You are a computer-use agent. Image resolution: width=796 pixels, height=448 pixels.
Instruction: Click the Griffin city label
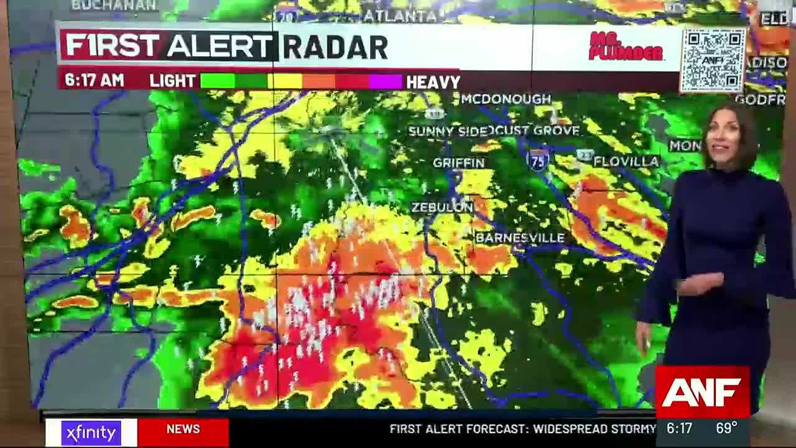point(458,163)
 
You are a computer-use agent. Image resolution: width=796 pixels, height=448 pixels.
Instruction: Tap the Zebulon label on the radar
point(442,207)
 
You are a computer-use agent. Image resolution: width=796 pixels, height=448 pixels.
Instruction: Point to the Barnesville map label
point(520,238)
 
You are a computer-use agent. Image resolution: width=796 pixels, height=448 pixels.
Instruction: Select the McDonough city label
point(506,99)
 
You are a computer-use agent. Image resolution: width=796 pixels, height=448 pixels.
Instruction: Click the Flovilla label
point(626,162)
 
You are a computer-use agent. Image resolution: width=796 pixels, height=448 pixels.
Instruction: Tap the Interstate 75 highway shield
point(538,160)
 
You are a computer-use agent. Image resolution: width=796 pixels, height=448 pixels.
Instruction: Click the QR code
point(713,60)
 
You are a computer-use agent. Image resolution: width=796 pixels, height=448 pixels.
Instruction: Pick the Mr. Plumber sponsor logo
point(625,47)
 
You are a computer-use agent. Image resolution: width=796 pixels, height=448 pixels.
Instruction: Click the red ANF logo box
point(702,392)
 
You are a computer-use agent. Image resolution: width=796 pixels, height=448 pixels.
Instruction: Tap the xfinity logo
point(91,432)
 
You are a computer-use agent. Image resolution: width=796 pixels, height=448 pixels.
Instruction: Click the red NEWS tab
point(183,429)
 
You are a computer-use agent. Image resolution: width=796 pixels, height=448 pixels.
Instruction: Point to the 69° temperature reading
point(726,429)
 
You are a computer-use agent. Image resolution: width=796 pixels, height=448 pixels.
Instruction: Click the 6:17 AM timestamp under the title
point(94,81)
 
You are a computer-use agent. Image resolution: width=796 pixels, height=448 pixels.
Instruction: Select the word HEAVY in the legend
point(433,82)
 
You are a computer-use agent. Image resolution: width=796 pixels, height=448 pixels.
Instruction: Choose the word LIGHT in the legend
point(172,81)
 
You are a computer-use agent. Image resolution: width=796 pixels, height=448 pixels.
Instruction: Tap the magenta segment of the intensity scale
point(386,82)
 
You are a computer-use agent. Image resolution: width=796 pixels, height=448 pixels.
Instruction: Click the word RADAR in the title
point(335,47)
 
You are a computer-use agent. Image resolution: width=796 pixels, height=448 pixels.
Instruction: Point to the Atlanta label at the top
point(400,16)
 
